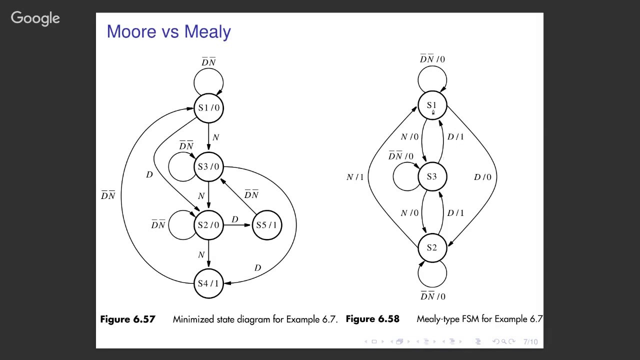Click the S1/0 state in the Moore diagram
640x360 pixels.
(x=208, y=108)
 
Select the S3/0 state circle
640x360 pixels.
(x=208, y=167)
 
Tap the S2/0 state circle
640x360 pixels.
(x=208, y=225)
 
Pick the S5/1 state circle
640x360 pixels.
(x=267, y=225)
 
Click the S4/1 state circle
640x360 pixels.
(x=208, y=283)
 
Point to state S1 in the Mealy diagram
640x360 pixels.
(x=432, y=105)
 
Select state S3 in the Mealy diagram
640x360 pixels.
(x=432, y=176)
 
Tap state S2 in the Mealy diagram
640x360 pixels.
(x=432, y=247)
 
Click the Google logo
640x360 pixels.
(x=35, y=18)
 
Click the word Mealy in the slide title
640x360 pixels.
(x=207, y=31)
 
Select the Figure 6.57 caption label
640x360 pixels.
(x=127, y=319)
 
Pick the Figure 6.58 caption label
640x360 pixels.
(x=372, y=319)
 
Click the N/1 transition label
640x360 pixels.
(x=355, y=177)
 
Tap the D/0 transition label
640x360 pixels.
(x=482, y=177)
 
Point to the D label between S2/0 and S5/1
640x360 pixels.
(x=235, y=219)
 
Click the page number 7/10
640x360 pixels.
(x=530, y=341)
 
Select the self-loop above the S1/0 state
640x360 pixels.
(x=208, y=69)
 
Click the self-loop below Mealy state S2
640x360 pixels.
(x=432, y=287)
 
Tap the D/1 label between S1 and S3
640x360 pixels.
(x=455, y=137)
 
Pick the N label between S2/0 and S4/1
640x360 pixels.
(x=201, y=254)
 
